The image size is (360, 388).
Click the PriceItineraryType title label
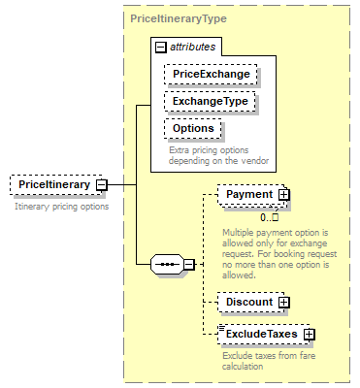(x=179, y=18)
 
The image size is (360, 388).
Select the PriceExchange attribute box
(x=210, y=75)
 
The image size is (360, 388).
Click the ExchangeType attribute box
(x=210, y=101)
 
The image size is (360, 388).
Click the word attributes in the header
(x=193, y=46)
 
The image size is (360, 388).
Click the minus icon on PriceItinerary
(x=101, y=184)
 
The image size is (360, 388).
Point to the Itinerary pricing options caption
(x=61, y=206)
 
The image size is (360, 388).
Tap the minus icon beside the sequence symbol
(x=188, y=264)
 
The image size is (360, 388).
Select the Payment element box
(x=248, y=195)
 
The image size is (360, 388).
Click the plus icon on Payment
(x=283, y=195)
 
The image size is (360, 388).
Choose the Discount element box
(x=248, y=302)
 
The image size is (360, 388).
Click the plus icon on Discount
(x=283, y=302)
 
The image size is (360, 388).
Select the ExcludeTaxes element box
(x=261, y=334)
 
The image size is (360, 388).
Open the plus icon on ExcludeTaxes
(x=309, y=334)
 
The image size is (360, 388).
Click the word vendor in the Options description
(x=251, y=161)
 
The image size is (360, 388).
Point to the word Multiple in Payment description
(x=239, y=233)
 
